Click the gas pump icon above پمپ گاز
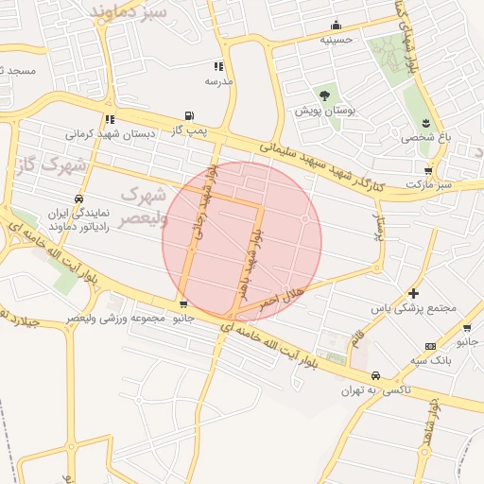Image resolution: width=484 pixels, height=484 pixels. click(190, 115)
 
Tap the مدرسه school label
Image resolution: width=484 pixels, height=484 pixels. click(219, 80)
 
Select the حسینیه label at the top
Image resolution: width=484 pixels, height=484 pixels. click(336, 40)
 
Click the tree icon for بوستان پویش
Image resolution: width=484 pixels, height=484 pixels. click(324, 95)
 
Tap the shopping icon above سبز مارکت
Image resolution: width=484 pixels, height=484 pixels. click(428, 171)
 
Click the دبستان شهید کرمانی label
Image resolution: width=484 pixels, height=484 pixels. click(111, 134)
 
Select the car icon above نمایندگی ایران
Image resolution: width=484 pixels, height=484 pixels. click(78, 199)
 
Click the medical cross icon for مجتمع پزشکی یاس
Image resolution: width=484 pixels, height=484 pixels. click(413, 294)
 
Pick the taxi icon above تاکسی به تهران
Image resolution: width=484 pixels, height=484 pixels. click(376, 375)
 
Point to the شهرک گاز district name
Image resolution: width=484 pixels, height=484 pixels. click(52, 165)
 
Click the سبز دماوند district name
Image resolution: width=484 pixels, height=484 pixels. click(130, 12)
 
